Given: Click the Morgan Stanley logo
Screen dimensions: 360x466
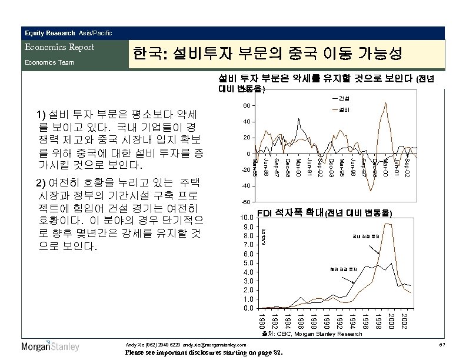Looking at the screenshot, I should (50, 346).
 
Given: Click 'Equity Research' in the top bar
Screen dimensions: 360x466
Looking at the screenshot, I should (49, 32).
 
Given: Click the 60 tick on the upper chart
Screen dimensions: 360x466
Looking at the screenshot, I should (246, 106).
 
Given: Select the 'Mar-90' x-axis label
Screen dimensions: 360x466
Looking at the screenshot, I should (298, 166).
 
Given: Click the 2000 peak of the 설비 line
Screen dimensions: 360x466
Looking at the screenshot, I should (385, 104).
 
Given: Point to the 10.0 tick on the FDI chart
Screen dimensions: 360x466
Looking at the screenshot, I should (248, 218).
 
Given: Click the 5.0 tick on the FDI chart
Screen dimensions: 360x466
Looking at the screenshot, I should (249, 263).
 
